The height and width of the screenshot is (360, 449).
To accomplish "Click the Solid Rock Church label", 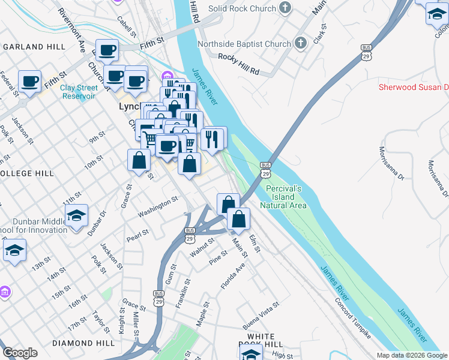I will [x=242, y=8].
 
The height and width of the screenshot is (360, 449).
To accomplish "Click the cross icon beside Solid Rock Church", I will [x=285, y=8].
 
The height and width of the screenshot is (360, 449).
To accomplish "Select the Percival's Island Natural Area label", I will [x=283, y=197].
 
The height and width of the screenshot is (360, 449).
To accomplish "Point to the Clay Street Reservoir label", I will [x=78, y=92].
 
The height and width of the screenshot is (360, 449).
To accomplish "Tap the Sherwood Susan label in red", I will [x=413, y=87].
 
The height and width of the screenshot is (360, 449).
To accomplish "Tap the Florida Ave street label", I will [x=233, y=275].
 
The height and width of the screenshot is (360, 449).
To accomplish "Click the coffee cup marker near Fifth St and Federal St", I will [x=29, y=82].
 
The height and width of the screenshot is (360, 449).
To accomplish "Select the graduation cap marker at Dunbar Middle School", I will [x=77, y=215].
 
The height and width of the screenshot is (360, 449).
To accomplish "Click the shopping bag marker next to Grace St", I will [x=139, y=160].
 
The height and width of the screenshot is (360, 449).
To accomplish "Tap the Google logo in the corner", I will [x=20, y=353].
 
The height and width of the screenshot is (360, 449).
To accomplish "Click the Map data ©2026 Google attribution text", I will [x=412, y=355].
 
